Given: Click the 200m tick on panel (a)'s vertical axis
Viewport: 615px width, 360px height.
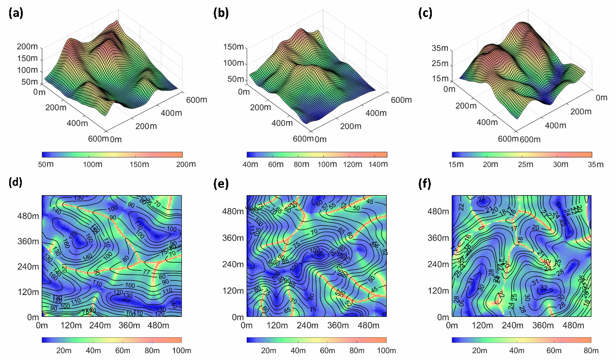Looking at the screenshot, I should [27, 47].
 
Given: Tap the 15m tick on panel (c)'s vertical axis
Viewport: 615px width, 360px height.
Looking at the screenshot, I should [441, 78].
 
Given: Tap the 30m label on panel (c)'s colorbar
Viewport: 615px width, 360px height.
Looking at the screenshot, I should [561, 164].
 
